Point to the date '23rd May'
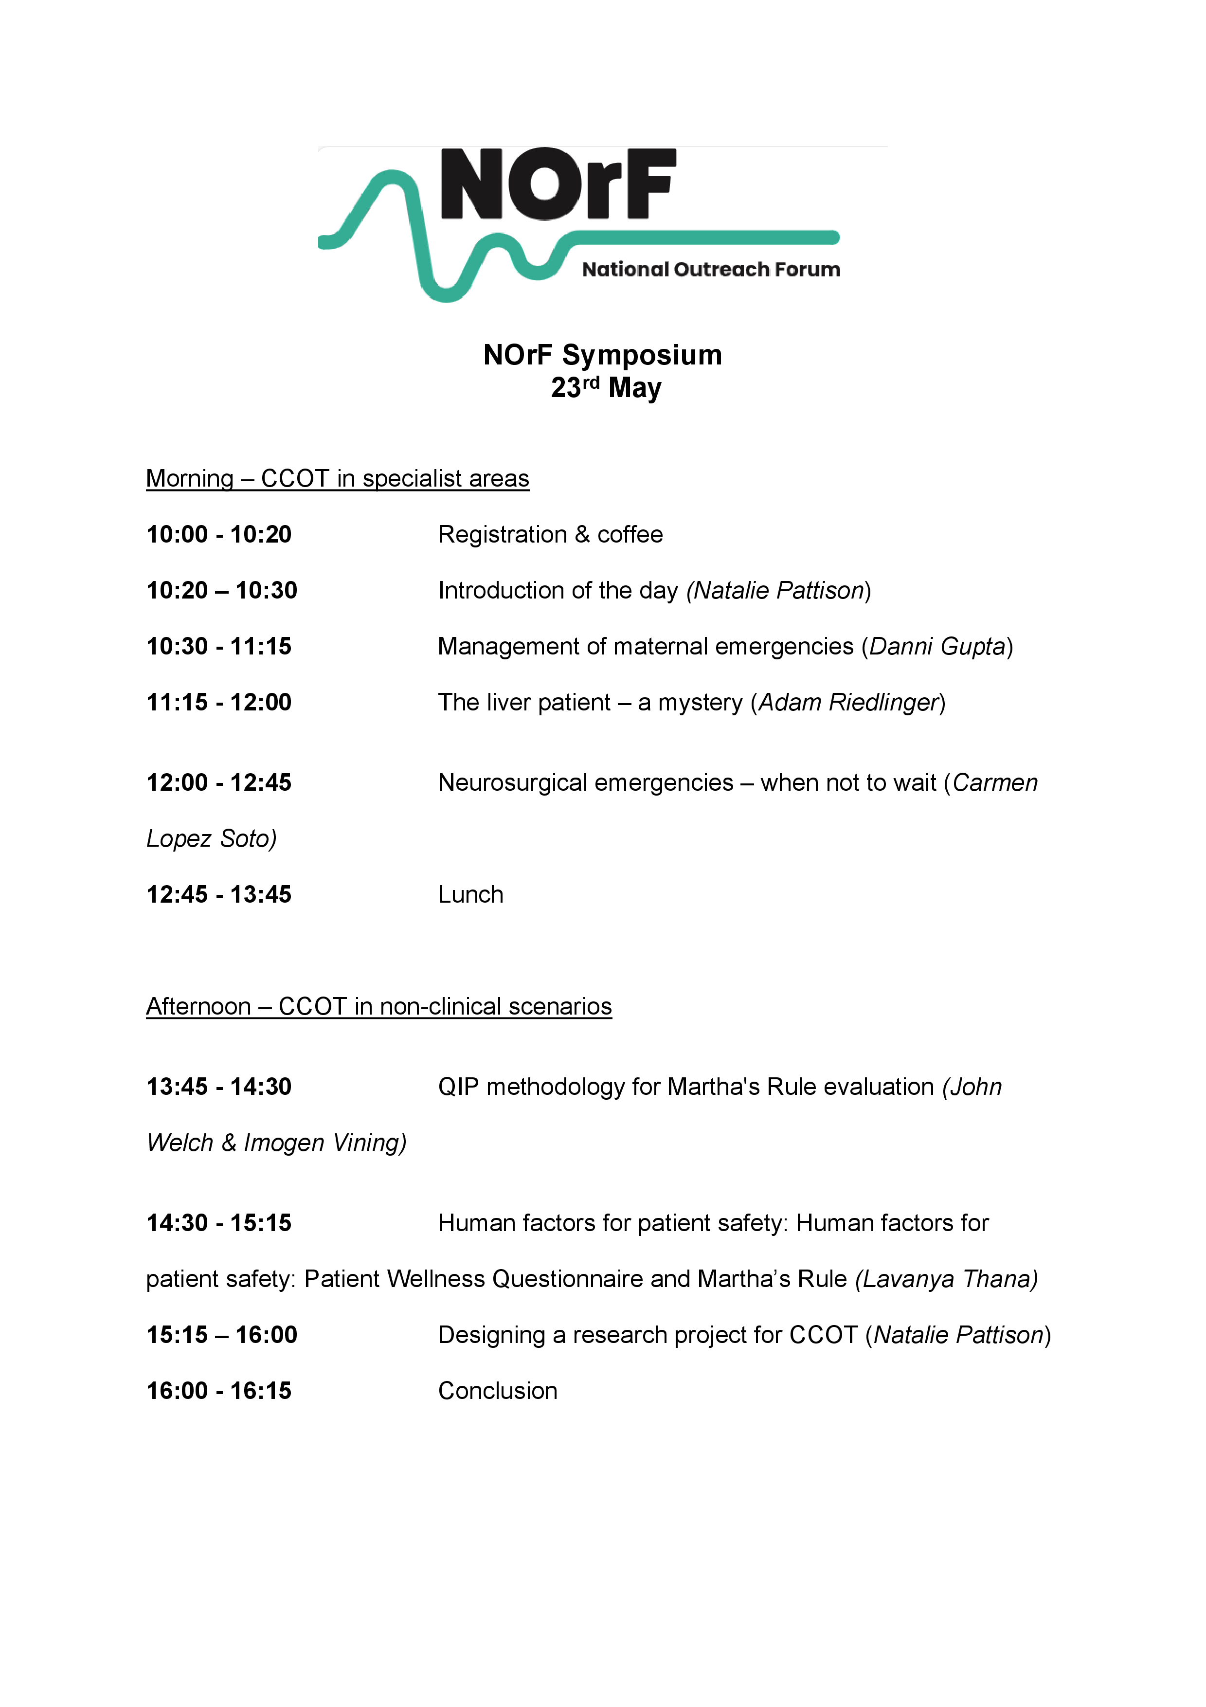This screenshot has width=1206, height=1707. click(x=606, y=387)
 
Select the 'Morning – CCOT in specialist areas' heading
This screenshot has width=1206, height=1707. click(x=337, y=478)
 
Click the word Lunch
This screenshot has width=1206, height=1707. click(x=470, y=894)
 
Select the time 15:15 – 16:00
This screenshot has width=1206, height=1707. click(x=221, y=1335)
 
